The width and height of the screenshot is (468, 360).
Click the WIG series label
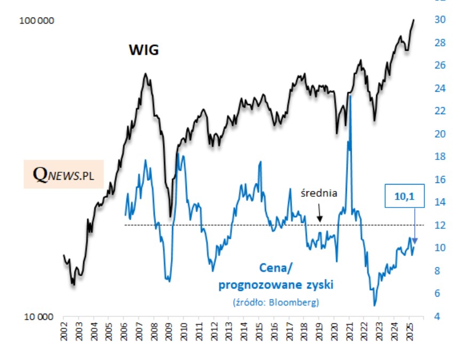[x=144, y=51]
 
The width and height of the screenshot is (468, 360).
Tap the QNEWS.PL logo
[x=64, y=173]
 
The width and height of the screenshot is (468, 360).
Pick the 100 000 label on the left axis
[x=36, y=21]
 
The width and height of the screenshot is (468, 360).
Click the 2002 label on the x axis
[x=64, y=333]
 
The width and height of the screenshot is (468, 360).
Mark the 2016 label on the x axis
[x=273, y=333]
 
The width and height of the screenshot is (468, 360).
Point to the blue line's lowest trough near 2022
[x=375, y=305]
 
